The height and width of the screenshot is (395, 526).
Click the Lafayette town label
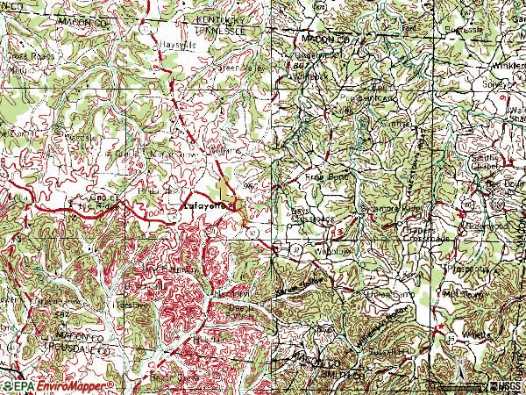(x=204, y=205)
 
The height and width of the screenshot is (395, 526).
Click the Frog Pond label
(x=327, y=176)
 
